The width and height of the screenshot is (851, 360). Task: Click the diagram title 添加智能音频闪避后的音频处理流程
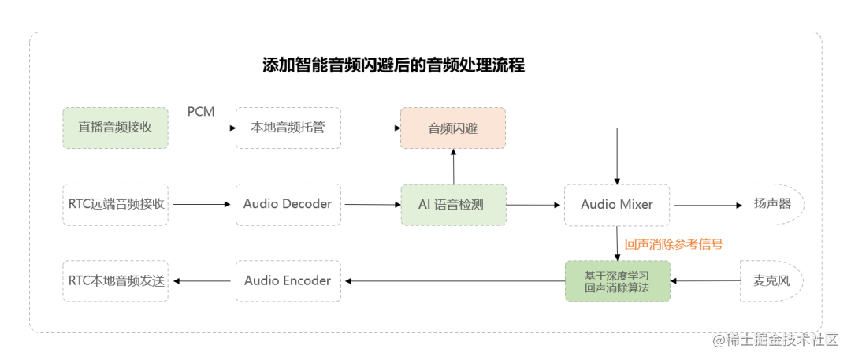(393, 65)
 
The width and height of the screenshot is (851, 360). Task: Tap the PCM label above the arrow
(201, 112)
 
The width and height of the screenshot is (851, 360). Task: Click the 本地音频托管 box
(288, 128)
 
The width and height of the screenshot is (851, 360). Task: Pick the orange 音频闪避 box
(453, 128)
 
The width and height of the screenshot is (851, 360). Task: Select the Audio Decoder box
(288, 204)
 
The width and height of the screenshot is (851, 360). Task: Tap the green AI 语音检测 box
(453, 205)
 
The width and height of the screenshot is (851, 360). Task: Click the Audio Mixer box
(617, 205)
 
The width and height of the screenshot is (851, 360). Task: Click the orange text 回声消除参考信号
(673, 244)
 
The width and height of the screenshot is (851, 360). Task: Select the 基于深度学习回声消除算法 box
(617, 280)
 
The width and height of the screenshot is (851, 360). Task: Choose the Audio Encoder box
(288, 280)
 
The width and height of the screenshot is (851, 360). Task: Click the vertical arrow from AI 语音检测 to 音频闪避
(454, 166)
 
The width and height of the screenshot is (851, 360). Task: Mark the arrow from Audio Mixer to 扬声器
(706, 205)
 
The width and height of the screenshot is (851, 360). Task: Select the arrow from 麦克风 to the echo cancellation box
(705, 280)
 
